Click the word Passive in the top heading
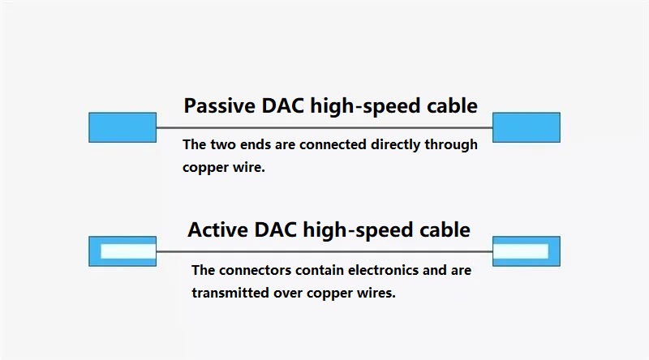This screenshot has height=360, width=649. (220, 105)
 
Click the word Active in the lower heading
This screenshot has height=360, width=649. (217, 229)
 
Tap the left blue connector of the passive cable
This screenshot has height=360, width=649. (122, 127)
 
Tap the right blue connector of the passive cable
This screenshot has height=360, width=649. (527, 127)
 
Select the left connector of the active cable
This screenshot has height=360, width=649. (122, 251)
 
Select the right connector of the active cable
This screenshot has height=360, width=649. (527, 251)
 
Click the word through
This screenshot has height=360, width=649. (451, 145)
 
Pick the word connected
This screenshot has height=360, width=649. (333, 144)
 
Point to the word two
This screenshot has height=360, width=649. (223, 145)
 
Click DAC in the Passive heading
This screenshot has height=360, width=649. (282, 105)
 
